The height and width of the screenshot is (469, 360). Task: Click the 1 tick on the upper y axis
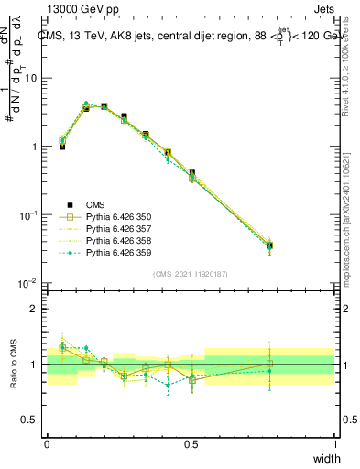(x=37, y=147)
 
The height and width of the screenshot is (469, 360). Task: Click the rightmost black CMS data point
(x=294, y=245)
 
